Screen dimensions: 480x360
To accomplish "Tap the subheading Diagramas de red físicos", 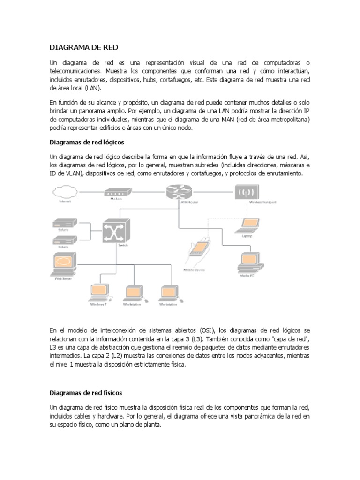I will [x=86, y=393].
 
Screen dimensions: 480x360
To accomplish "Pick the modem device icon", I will [x=113, y=192].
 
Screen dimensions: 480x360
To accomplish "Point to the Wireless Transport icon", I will [x=247, y=193].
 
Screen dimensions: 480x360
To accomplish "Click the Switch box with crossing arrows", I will [x=115, y=230].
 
